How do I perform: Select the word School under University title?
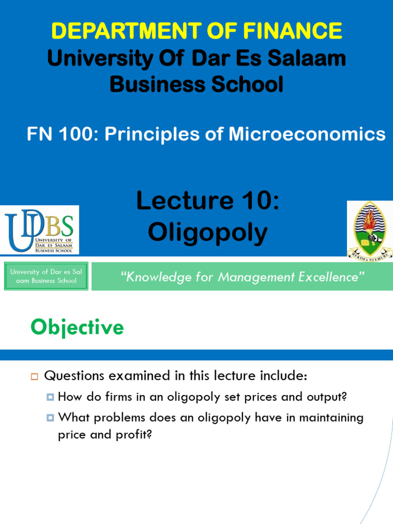(x=246, y=84)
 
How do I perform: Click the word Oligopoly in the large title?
(x=208, y=233)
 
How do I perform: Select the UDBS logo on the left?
(x=40, y=229)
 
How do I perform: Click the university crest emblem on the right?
(x=370, y=228)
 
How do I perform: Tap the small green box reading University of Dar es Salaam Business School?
(x=46, y=276)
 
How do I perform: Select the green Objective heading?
(x=77, y=327)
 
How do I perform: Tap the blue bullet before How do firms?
(x=50, y=397)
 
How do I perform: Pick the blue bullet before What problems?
(x=50, y=418)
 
